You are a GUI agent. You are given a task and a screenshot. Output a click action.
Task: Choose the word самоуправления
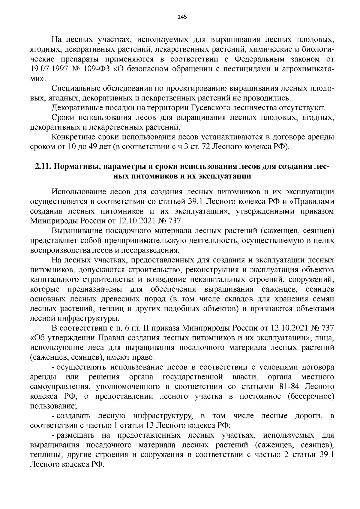click(61, 386)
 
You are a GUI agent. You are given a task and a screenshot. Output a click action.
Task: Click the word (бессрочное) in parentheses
click(311, 396)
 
